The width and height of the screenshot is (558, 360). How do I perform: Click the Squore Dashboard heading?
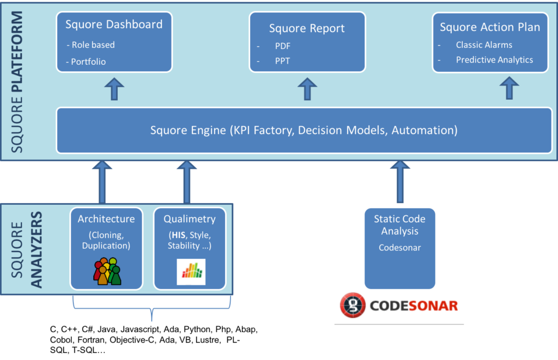click(x=114, y=25)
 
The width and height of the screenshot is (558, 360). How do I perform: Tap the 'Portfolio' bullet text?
click(x=88, y=62)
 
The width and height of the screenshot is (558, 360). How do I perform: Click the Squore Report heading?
click(x=307, y=28)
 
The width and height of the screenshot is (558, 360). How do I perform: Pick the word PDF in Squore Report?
click(x=282, y=46)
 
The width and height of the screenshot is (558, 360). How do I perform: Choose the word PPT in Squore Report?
click(x=282, y=61)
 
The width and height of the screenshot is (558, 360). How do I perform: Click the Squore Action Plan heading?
click(x=490, y=27)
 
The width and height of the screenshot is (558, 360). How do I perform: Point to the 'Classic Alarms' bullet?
click(x=484, y=45)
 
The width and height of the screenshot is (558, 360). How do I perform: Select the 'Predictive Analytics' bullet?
click(x=494, y=60)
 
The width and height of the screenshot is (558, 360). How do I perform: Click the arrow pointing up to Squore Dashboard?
click(x=114, y=88)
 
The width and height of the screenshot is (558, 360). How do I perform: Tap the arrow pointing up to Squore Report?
click(x=307, y=88)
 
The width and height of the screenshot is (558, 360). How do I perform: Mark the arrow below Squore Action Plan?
click(x=510, y=88)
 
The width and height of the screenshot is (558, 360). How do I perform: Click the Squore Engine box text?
click(x=304, y=131)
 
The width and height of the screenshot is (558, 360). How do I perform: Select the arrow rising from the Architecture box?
click(x=102, y=181)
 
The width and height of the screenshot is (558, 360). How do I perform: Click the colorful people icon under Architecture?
click(x=107, y=271)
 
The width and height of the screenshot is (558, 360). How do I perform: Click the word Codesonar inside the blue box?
click(x=399, y=247)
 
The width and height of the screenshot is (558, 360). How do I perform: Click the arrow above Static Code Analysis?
click(x=400, y=181)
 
